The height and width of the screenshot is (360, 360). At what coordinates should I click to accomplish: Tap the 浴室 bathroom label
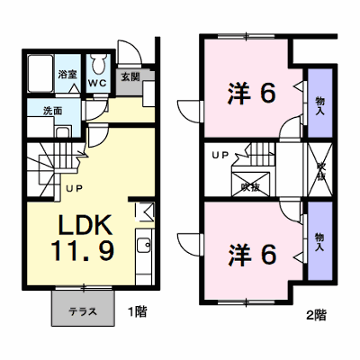pyautogui.click(x=67, y=75)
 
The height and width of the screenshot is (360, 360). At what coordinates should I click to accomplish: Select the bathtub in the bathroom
pyautogui.click(x=40, y=73)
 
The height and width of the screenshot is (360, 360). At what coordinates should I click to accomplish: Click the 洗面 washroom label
pyautogui.click(x=53, y=111)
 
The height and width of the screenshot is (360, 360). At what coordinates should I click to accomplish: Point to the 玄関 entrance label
pyautogui.click(x=130, y=77)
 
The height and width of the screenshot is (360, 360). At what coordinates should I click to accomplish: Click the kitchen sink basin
pyautogui.click(x=144, y=246)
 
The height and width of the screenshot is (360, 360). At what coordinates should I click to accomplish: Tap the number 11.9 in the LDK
pyautogui.click(x=83, y=251)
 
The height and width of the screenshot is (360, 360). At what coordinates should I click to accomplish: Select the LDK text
pyautogui.click(x=85, y=225)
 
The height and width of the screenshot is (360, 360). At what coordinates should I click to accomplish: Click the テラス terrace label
pyautogui.click(x=83, y=311)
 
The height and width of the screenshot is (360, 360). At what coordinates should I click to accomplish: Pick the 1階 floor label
pyautogui.click(x=138, y=311)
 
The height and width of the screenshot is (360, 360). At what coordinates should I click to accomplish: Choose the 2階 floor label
pyautogui.click(x=316, y=315)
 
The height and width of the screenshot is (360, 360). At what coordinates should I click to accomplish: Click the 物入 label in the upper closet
pyautogui.click(x=319, y=106)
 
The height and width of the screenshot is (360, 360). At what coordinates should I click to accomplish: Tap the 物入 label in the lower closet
pyautogui.click(x=319, y=242)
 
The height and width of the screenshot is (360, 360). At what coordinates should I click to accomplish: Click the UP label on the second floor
pyautogui.click(x=220, y=155)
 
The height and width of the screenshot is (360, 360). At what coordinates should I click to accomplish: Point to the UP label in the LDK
pyautogui.click(x=74, y=189)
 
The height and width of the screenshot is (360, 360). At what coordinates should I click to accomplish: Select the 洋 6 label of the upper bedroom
pyautogui.click(x=251, y=93)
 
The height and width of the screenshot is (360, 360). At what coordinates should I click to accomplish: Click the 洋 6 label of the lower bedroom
pyautogui.click(x=251, y=255)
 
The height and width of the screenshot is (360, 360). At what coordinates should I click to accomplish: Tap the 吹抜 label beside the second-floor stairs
pyautogui.click(x=251, y=187)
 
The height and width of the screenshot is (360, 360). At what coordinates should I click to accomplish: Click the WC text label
pyautogui.click(x=97, y=83)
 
